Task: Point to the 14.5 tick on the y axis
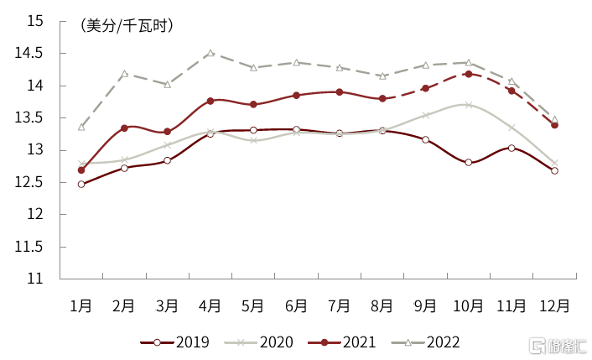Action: click(x=34, y=54)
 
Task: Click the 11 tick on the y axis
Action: click(x=41, y=279)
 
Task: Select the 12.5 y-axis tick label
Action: click(x=34, y=182)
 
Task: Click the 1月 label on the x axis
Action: click(x=81, y=306)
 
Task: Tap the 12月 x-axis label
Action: click(x=554, y=306)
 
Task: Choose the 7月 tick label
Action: click(x=340, y=306)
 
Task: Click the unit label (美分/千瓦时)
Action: click(x=127, y=26)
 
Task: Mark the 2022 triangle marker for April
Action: click(x=210, y=53)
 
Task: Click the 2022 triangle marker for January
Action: click(x=81, y=127)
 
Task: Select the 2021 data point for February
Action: click(x=124, y=128)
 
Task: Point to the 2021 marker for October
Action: click(x=468, y=74)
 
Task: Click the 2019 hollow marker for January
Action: click(x=81, y=184)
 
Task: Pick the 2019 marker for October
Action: click(x=468, y=162)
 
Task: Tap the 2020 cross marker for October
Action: click(x=468, y=105)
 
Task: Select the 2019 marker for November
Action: click(x=512, y=148)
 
